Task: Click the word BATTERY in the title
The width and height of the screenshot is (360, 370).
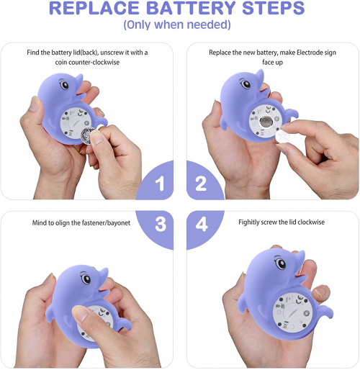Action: (x=191, y=8)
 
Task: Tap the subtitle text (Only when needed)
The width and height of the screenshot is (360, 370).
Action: (x=177, y=24)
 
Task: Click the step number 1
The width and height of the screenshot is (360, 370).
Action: (x=160, y=184)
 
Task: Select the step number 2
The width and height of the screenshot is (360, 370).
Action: (x=201, y=184)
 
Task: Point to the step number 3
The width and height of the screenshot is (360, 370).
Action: (x=161, y=224)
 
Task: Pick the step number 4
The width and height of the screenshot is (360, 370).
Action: (x=202, y=224)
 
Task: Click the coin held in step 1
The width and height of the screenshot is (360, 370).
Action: (x=87, y=136)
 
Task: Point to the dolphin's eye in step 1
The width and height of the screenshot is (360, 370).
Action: (x=64, y=85)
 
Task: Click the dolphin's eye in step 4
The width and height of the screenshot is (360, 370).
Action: (x=281, y=263)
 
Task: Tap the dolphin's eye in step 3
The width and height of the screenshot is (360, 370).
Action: (x=86, y=279)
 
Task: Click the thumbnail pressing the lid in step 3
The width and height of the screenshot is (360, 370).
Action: (x=78, y=312)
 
